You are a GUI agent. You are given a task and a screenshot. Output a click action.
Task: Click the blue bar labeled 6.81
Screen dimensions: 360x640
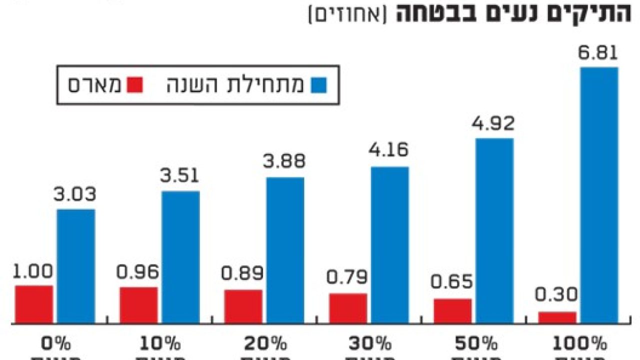coord(599,195)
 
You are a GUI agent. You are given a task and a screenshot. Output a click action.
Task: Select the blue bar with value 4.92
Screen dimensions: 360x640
coord(494,230)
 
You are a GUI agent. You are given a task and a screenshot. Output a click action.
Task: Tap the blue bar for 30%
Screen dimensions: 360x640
coord(390,244)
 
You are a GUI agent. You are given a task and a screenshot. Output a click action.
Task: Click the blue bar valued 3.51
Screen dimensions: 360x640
coord(180,256)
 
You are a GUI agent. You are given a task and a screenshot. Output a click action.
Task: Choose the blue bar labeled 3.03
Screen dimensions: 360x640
coord(76,265)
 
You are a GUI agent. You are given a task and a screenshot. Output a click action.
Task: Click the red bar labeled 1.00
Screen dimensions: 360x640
coord(34,304)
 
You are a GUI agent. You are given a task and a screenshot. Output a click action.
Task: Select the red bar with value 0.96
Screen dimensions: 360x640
coord(138,305)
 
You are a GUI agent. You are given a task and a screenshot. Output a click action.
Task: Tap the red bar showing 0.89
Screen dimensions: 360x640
coord(243,306)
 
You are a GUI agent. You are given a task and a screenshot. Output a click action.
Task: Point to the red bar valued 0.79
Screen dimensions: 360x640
coord(348,308)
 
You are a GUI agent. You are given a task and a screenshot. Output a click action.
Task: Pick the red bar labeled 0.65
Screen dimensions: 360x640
coord(452,310)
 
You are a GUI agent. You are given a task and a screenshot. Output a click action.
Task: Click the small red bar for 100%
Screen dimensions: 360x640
coord(557,317)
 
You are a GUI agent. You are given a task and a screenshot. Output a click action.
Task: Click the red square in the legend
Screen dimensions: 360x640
coord(135,85)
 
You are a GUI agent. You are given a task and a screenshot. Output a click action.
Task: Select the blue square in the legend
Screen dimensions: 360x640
coord(318,85)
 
